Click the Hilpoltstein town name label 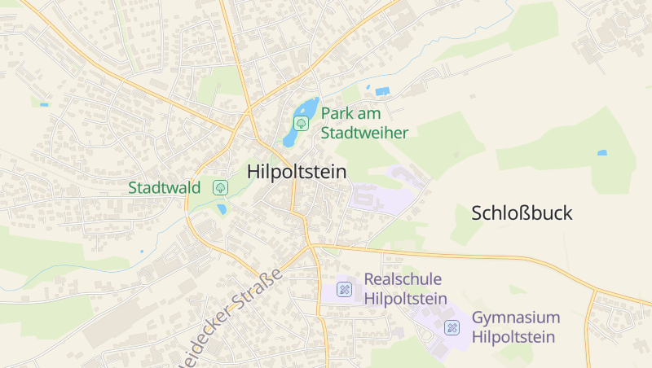click(296, 172)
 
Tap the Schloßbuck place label click(522, 213)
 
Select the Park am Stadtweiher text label click(364, 123)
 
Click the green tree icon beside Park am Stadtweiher click(301, 124)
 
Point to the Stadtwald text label click(164, 188)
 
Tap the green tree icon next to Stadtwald click(220, 187)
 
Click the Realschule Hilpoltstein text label click(405, 289)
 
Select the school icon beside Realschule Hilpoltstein click(344, 289)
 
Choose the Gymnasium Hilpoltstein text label click(515, 327)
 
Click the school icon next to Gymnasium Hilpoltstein click(451, 327)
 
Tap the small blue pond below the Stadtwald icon click(222, 209)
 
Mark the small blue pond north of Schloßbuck click(601, 152)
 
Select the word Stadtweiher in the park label click(364, 133)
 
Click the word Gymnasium click(516, 318)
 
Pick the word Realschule click(403, 279)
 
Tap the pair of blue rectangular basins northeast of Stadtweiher click(377, 90)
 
